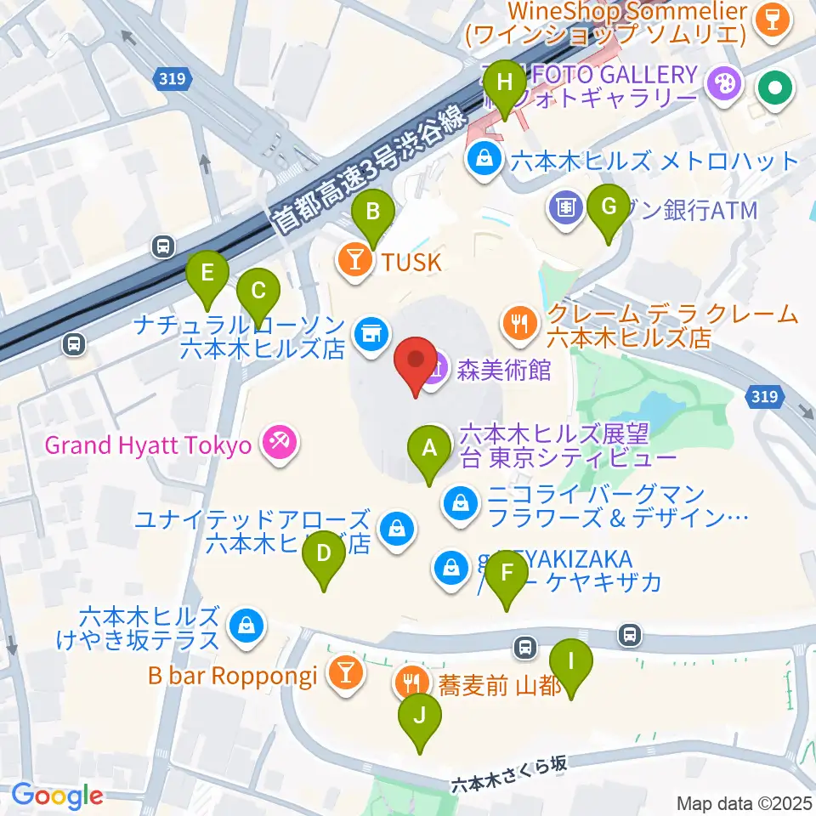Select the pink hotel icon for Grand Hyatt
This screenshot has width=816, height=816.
point(277,442)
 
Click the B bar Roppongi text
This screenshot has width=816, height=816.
point(232,677)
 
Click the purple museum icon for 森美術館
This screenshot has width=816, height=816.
point(435,371)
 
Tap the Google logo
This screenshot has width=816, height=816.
point(57,796)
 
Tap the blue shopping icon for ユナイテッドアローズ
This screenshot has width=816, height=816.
point(397,530)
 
